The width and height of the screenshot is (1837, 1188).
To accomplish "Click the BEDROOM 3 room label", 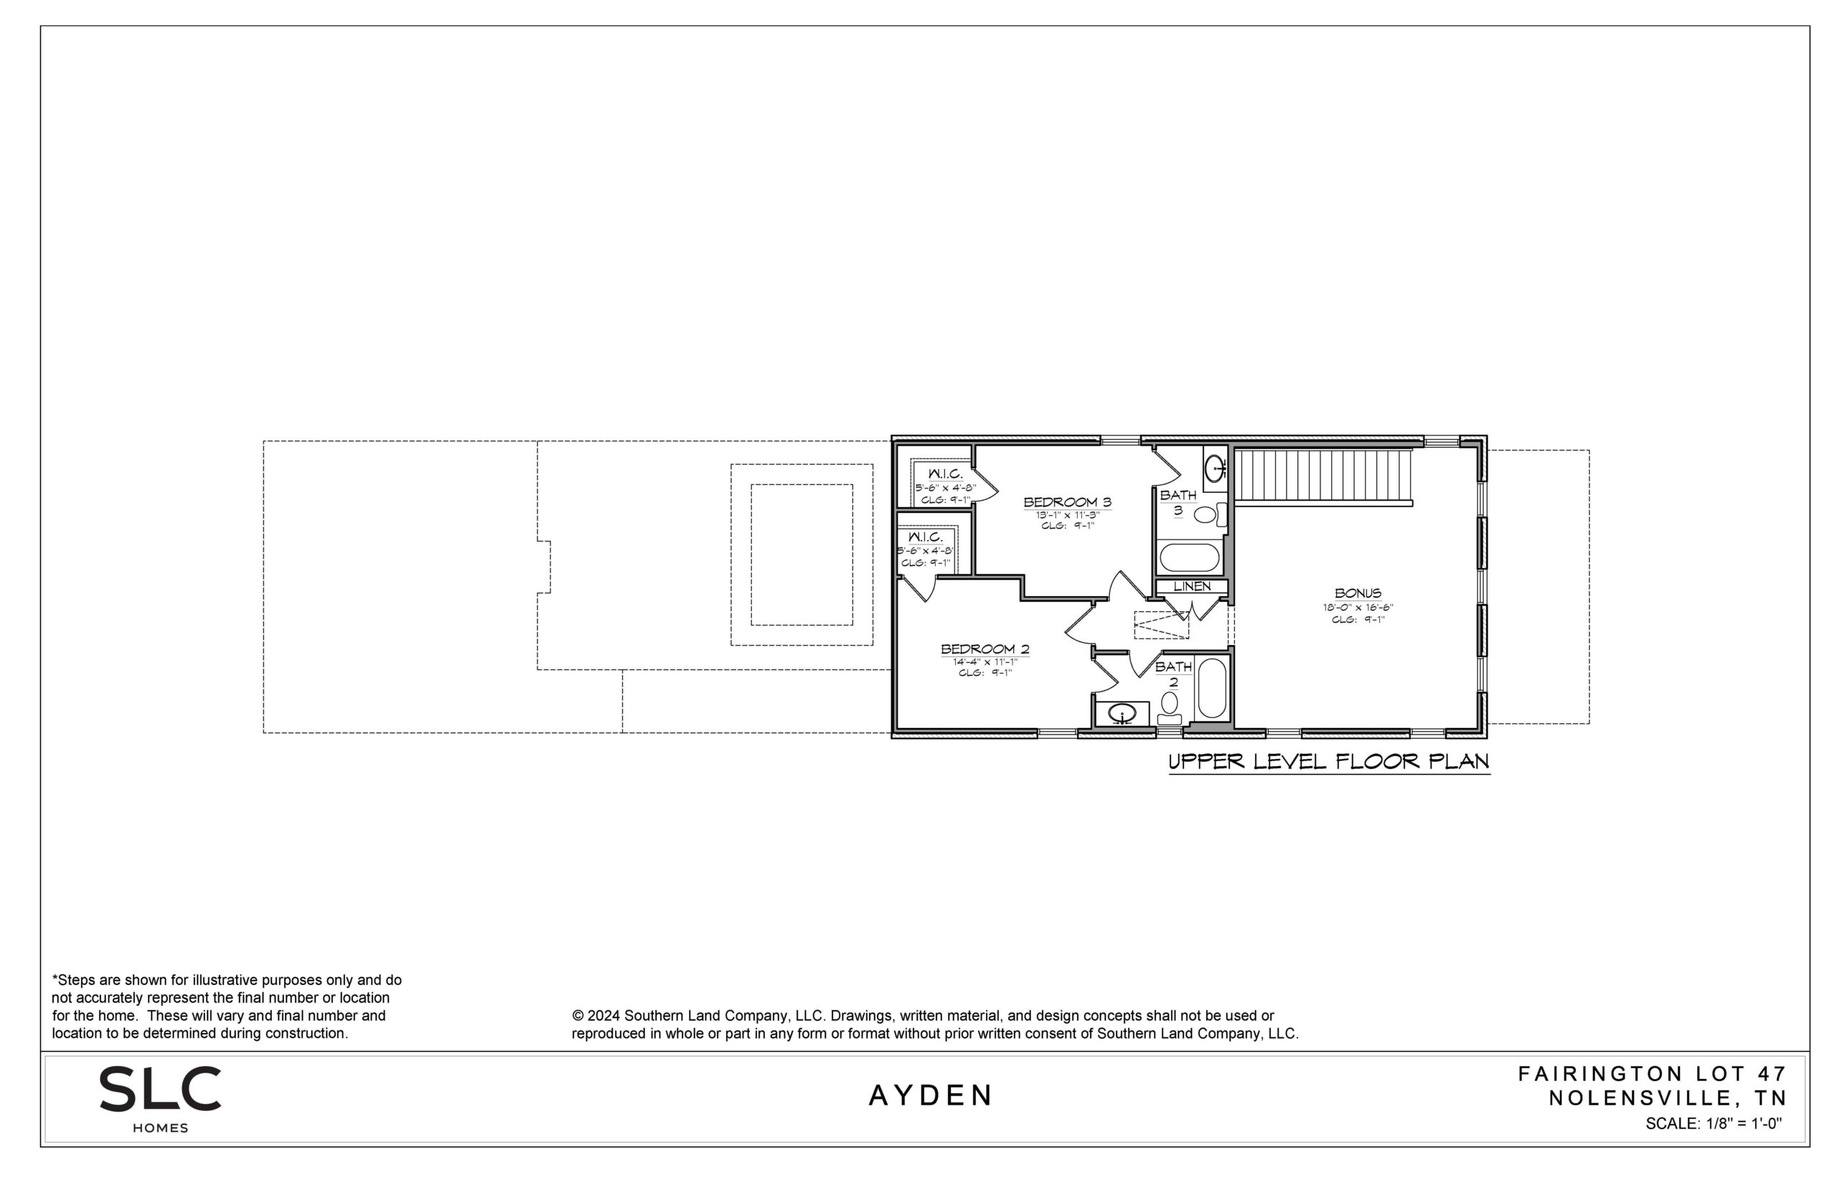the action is pyautogui.click(x=1067, y=502).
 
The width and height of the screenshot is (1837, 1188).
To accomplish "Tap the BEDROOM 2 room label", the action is pyautogui.click(x=985, y=649).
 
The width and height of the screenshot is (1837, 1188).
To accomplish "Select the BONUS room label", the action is pyautogui.click(x=1358, y=593).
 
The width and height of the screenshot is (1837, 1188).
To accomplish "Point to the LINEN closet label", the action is pyautogui.click(x=1192, y=586).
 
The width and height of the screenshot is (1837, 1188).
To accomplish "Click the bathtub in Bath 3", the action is pyautogui.click(x=1190, y=557).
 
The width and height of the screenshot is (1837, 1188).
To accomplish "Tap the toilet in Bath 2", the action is pyautogui.click(x=1170, y=707).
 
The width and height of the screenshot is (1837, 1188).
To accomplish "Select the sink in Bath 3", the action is pyautogui.click(x=1215, y=468).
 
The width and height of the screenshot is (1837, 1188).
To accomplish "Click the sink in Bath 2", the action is pyautogui.click(x=1122, y=715).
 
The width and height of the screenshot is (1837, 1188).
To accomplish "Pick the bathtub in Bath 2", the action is pyautogui.click(x=1212, y=688).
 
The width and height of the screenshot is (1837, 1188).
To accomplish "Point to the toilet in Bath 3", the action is pyautogui.click(x=1210, y=514).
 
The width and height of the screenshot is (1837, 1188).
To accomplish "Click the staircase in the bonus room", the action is pyautogui.click(x=1323, y=478).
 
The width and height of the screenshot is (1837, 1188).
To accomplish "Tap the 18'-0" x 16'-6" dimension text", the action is pyautogui.click(x=1358, y=607).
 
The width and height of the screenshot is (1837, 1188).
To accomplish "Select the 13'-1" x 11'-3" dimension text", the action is pyautogui.click(x=1067, y=514).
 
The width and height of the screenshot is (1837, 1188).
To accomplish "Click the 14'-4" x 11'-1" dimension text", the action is pyautogui.click(x=985, y=661).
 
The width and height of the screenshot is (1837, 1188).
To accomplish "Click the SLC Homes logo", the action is pyautogui.click(x=161, y=1099).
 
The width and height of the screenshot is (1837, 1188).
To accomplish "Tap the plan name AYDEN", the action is pyautogui.click(x=931, y=1095).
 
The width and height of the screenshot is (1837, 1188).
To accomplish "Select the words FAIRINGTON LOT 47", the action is pyautogui.click(x=1653, y=1074).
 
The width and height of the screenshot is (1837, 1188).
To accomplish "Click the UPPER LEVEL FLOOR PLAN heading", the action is pyautogui.click(x=1328, y=762).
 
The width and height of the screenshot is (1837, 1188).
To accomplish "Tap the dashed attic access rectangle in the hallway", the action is pyautogui.click(x=1161, y=624).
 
